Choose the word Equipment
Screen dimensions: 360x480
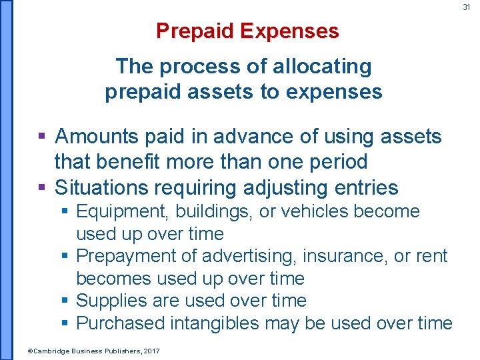[115, 211]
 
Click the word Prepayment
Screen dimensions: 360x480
[121, 255]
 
